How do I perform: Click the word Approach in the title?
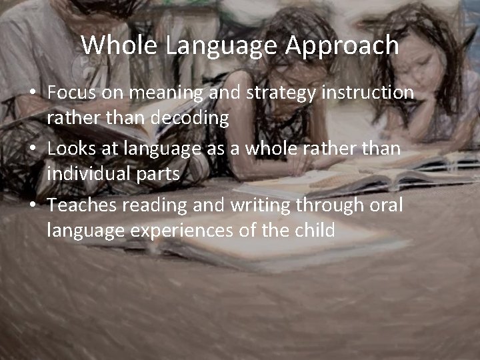click(343, 46)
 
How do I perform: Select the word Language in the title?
click(222, 46)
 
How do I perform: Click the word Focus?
click(71, 93)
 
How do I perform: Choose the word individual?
click(93, 174)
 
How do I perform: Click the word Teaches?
click(83, 205)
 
